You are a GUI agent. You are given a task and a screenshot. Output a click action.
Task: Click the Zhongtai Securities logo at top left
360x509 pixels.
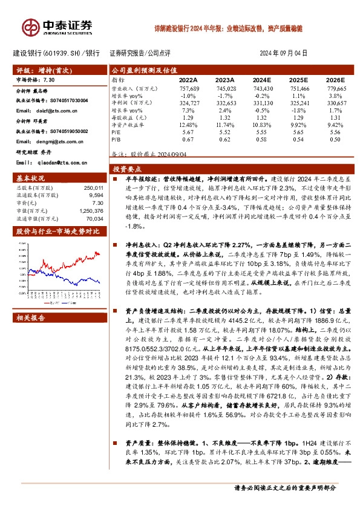click(x=57, y=28)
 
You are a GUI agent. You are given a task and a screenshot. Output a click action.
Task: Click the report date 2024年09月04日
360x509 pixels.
click(x=285, y=53)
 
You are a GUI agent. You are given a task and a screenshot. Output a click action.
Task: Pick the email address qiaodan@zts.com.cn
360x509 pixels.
click(x=58, y=163)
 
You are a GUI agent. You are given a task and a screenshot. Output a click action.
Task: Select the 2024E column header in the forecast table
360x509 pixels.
click(x=262, y=80)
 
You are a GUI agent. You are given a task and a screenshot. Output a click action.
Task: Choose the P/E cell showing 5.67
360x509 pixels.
click(x=188, y=132)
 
